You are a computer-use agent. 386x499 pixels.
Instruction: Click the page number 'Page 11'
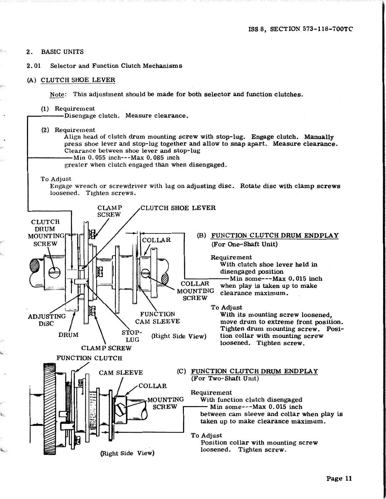tap(339, 478)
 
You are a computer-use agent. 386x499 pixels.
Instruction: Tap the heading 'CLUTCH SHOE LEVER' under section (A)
tap(78, 80)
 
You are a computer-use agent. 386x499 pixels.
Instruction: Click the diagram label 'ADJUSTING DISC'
tap(47, 320)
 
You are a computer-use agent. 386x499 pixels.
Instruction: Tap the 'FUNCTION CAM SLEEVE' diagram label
tap(157, 318)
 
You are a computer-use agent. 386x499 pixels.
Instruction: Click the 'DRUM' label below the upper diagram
tap(68, 335)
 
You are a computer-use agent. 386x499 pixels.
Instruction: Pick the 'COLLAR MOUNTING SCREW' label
tap(195, 291)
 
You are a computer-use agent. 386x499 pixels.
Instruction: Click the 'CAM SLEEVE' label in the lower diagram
tap(121, 373)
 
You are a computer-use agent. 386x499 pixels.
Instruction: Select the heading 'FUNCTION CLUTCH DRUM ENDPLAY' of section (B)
tap(274, 236)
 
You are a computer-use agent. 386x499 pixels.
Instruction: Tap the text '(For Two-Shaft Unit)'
tap(225, 378)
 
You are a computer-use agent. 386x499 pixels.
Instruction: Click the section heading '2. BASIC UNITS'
tap(55, 52)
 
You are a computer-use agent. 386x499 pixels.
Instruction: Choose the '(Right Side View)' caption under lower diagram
tap(127, 454)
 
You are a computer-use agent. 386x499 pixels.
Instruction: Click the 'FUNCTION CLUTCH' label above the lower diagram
tap(89, 358)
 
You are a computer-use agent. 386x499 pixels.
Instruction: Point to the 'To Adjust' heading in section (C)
tap(206, 436)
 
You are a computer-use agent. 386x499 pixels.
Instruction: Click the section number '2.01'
tap(33, 66)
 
